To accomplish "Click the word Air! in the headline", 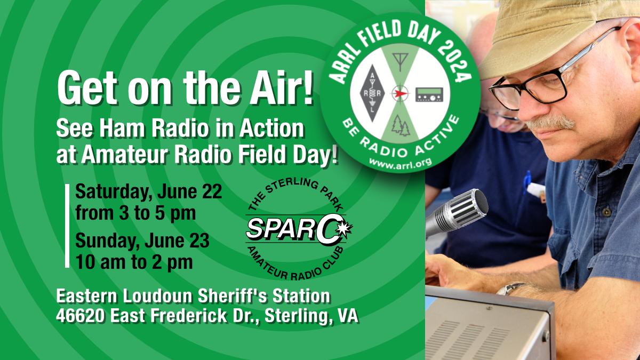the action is click(x=282, y=88).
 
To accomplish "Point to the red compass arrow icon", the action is click(x=401, y=93).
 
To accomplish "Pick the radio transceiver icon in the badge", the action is click(x=429, y=94).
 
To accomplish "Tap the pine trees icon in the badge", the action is click(x=401, y=126).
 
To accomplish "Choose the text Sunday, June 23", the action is click(x=142, y=241).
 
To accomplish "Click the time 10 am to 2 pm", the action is click(x=134, y=262).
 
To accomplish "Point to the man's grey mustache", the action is click(x=550, y=123).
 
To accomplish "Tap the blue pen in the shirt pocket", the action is click(x=526, y=182).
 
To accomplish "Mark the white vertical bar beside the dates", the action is click(x=67, y=226).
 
